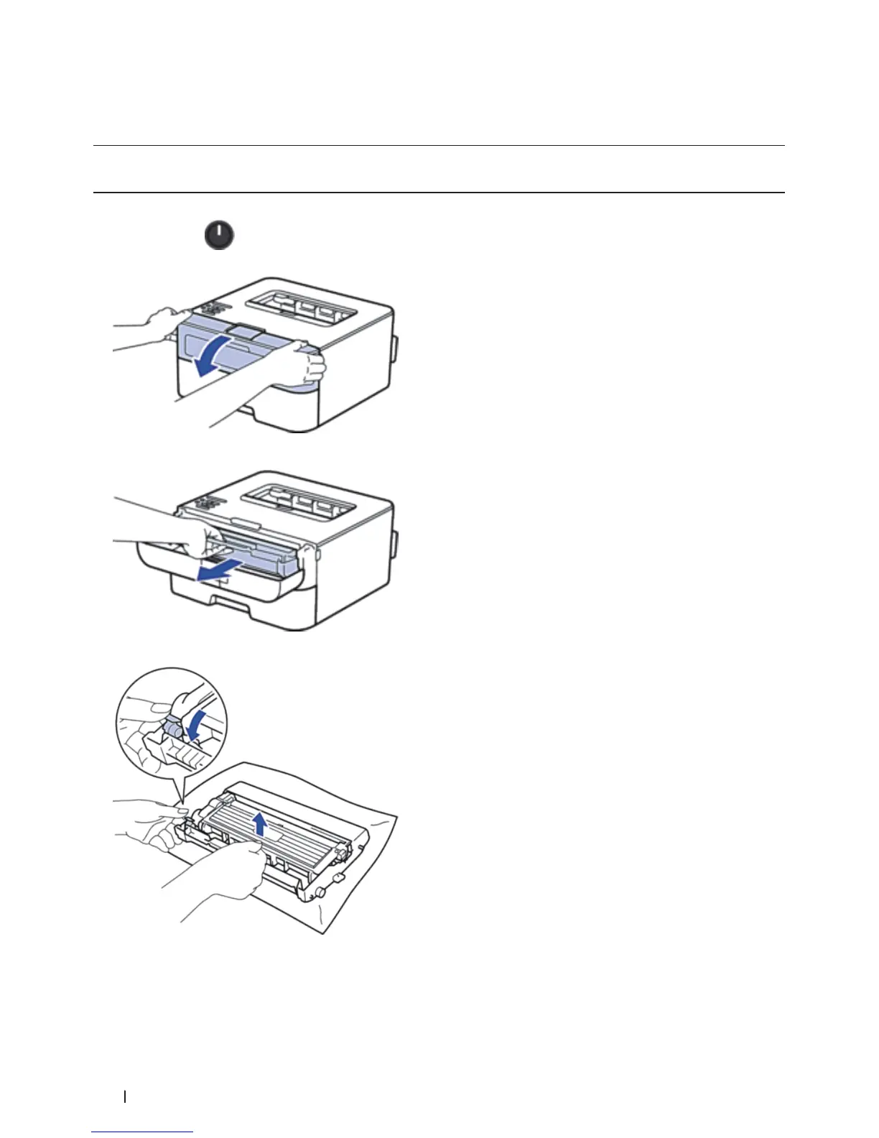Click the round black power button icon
[x=220, y=235]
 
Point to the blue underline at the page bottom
[x=142, y=1132]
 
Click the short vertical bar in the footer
[x=126, y=1096]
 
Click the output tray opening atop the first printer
[x=302, y=305]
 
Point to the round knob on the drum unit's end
[x=320, y=891]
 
